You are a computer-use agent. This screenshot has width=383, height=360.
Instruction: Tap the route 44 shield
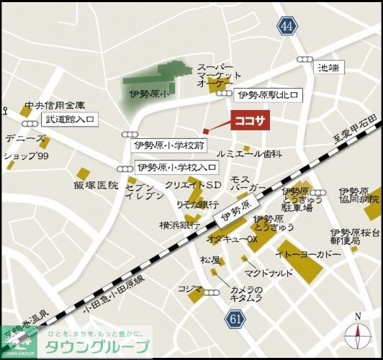click(288, 27)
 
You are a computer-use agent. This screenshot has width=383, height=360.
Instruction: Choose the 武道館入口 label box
click(71, 120)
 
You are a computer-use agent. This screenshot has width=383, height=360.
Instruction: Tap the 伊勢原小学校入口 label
click(176, 168)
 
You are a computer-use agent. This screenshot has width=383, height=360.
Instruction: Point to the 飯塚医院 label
click(95, 185)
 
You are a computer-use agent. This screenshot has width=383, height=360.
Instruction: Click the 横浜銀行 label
click(179, 225)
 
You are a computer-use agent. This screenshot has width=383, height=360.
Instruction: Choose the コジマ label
click(190, 288)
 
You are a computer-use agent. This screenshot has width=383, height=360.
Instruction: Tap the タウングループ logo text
click(97, 346)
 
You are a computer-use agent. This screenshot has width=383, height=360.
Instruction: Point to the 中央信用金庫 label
click(55, 105)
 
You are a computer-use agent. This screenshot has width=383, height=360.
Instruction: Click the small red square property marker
click(205, 130)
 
